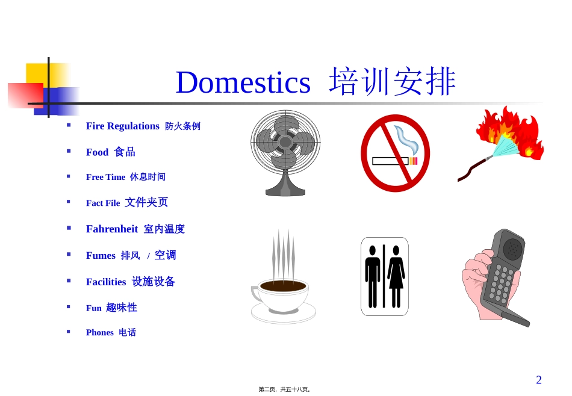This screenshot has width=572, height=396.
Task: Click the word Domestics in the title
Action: coord(243,82)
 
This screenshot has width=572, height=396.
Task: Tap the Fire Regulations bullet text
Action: coord(122,126)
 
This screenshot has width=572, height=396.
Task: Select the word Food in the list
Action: coord(97,152)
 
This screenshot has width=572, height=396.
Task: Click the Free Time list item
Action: coord(105,177)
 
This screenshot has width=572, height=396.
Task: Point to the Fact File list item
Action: coord(103,203)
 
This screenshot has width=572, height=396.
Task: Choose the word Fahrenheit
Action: coord(112,229)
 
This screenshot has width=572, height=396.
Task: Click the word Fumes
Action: coord(101,256)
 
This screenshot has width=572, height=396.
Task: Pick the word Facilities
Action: coord(106,282)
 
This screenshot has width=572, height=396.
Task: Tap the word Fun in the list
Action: coord(93,308)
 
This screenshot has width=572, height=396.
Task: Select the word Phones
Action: coord(99,333)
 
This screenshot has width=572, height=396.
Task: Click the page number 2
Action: coord(539,380)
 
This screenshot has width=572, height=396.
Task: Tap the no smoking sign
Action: coord(395,153)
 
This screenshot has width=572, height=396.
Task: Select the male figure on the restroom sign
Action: coord(373,276)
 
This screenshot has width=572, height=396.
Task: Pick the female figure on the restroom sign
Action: coord(396,276)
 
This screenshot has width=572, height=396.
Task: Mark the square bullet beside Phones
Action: coord(69,332)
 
